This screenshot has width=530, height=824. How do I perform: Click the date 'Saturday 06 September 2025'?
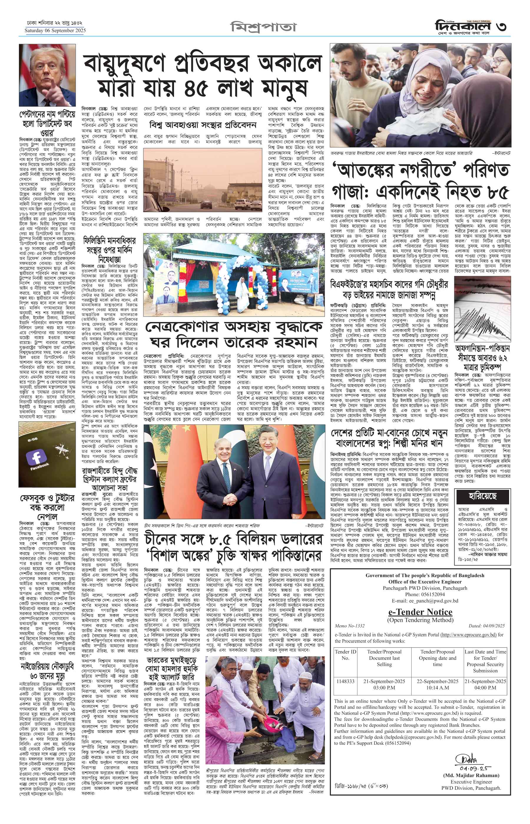click(x=55, y=30)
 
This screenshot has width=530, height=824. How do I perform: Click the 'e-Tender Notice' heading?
click(x=420, y=612)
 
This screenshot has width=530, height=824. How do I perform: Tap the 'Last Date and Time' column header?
click(x=485, y=661)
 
